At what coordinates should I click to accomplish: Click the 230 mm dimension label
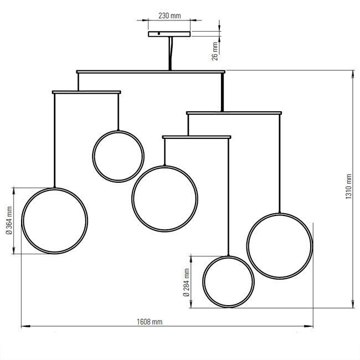coord(169,16)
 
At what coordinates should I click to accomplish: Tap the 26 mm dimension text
coord(215,51)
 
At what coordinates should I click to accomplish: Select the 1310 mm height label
coord(348,187)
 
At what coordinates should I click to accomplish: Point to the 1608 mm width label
coord(150,322)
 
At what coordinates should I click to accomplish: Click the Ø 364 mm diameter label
coord(9,220)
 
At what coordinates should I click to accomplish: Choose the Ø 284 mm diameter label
coord(187,282)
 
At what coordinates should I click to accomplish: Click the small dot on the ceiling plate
coord(159,34)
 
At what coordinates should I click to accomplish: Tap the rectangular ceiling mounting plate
coord(169,34)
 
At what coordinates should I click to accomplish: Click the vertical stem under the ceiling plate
coord(170,54)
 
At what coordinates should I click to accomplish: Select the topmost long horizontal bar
coord(151,72)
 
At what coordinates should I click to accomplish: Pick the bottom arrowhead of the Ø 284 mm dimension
coord(191,304)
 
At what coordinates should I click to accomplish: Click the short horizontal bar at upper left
coord(86,92)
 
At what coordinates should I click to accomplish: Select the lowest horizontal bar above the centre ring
coord(197,137)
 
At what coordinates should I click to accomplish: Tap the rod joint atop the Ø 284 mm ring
coord(228,255)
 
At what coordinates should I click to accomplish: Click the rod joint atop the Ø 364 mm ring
coord(54,187)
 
